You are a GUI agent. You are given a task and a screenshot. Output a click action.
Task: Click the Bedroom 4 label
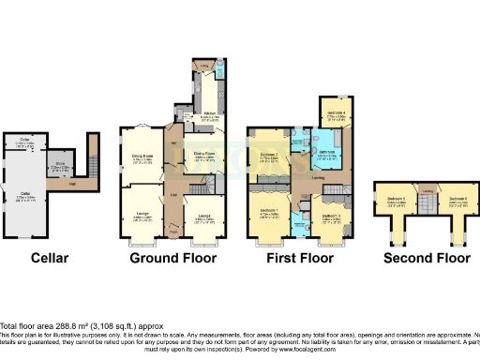337,113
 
